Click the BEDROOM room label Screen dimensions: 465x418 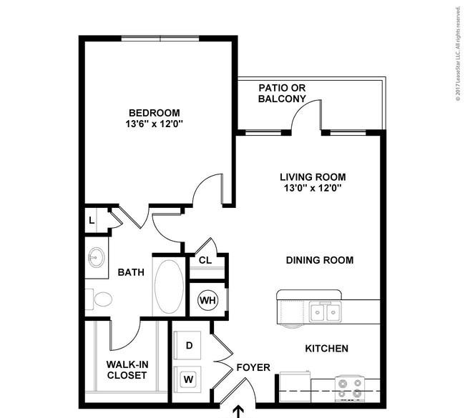(x=155, y=113)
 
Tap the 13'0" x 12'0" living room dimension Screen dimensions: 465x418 (x=313, y=188)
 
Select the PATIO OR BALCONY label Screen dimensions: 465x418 (x=282, y=94)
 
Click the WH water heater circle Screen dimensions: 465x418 (x=208, y=300)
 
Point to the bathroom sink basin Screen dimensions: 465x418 (x=96, y=257)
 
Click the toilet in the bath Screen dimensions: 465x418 (x=99, y=299)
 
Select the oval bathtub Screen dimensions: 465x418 (x=169, y=287)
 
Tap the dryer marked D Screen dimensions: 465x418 (x=187, y=345)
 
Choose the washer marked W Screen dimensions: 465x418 (x=187, y=379)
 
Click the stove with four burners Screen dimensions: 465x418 (x=350, y=389)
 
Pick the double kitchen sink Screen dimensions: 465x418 (x=325, y=312)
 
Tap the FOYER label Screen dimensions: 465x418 (x=253, y=367)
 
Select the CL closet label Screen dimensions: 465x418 (x=205, y=260)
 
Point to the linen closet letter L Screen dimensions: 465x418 (x=92, y=220)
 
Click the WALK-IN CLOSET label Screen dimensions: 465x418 (x=127, y=369)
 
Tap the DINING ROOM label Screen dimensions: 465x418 (x=320, y=260)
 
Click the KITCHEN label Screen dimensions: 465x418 (x=326, y=349)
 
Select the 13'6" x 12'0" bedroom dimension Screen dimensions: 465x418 (x=155, y=124)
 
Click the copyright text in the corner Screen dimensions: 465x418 (x=459, y=54)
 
